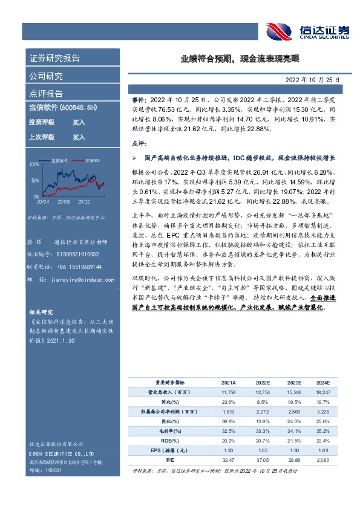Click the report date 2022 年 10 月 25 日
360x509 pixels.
313,79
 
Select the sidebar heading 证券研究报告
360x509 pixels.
54,59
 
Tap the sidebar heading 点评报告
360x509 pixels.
46,94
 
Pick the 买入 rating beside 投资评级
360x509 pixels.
79,122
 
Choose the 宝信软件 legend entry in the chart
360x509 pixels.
60,160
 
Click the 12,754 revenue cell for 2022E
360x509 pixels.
262,392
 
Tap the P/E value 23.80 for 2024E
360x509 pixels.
323,460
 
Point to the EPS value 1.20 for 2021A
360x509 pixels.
229,450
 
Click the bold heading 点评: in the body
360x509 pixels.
139,143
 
